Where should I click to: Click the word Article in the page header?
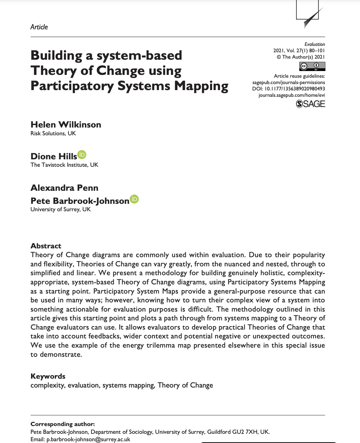(x=39, y=27)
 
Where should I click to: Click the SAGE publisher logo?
(x=310, y=104)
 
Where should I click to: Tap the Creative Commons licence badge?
(x=312, y=66)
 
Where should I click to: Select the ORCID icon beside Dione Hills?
(x=82, y=155)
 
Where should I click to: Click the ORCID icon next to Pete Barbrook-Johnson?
(x=134, y=199)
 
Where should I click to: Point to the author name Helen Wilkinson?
(x=66, y=124)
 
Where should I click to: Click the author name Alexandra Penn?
(x=64, y=188)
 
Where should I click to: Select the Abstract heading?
(x=46, y=246)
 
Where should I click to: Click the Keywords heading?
(x=48, y=376)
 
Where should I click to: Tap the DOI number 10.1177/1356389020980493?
(x=295, y=89)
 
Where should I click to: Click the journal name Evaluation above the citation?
(x=314, y=44)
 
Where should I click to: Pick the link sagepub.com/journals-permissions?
(x=288, y=82)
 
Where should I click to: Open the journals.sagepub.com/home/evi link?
(x=292, y=95)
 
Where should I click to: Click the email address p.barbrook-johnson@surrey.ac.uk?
(x=88, y=439)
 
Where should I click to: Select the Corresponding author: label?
(x=62, y=424)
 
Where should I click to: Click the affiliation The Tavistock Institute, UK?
(x=64, y=165)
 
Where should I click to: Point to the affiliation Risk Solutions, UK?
(x=53, y=133)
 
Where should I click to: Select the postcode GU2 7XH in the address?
(x=243, y=432)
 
